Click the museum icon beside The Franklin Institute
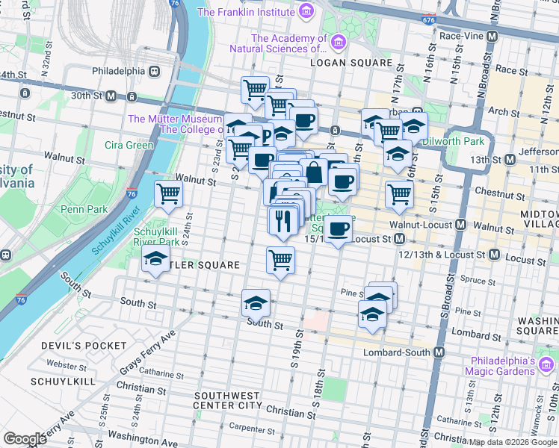pos(305,11)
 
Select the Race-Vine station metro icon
pos(492,35)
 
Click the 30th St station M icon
pos(111,96)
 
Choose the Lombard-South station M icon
pos(439,352)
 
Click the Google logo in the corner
pos(25,439)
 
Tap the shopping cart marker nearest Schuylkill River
pos(169,193)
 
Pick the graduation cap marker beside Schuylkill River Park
pos(155,260)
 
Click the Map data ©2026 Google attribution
pos(513,442)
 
